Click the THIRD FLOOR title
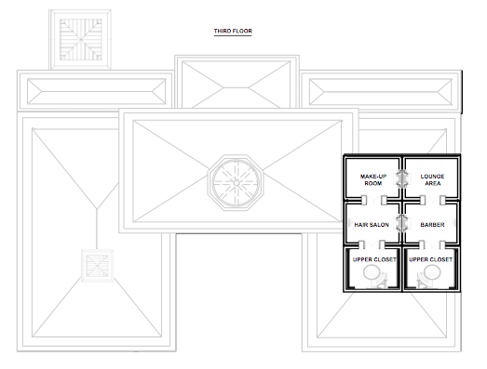(x=233, y=31)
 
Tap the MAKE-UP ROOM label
(x=373, y=179)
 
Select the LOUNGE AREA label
(x=432, y=179)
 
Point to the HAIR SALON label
(x=372, y=225)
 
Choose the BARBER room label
(x=432, y=225)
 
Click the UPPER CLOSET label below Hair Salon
(x=374, y=259)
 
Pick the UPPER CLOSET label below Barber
(x=430, y=259)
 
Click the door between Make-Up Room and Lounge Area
(x=401, y=178)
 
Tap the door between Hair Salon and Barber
(x=401, y=223)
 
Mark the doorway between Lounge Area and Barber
(x=432, y=200)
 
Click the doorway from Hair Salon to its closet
(x=372, y=245)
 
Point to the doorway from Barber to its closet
(x=432, y=245)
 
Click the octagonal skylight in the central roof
(x=236, y=183)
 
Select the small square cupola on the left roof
(x=97, y=266)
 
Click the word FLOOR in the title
(x=242, y=31)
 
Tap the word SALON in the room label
(x=380, y=225)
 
